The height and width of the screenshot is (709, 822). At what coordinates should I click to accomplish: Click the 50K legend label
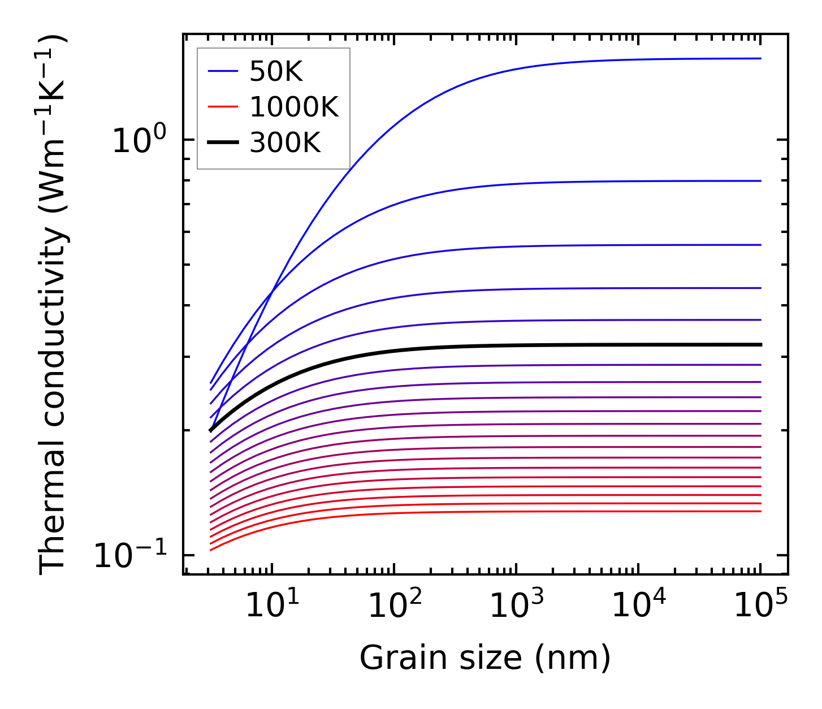(x=276, y=72)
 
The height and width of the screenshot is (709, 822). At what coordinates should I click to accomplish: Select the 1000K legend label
(x=294, y=107)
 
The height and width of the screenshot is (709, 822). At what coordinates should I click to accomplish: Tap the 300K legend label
(x=285, y=143)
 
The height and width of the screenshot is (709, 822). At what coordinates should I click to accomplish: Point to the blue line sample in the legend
(x=223, y=72)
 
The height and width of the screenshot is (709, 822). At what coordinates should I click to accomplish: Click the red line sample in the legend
(x=223, y=107)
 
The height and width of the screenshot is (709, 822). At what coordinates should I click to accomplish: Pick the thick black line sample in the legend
(x=223, y=143)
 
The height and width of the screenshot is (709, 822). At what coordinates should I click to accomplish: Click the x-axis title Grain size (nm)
(x=485, y=659)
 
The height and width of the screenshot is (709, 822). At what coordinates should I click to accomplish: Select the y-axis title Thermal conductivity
(x=54, y=305)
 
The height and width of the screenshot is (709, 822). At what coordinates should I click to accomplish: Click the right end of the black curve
(x=760, y=344)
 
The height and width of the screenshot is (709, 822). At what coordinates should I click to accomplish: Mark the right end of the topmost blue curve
(x=760, y=58)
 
